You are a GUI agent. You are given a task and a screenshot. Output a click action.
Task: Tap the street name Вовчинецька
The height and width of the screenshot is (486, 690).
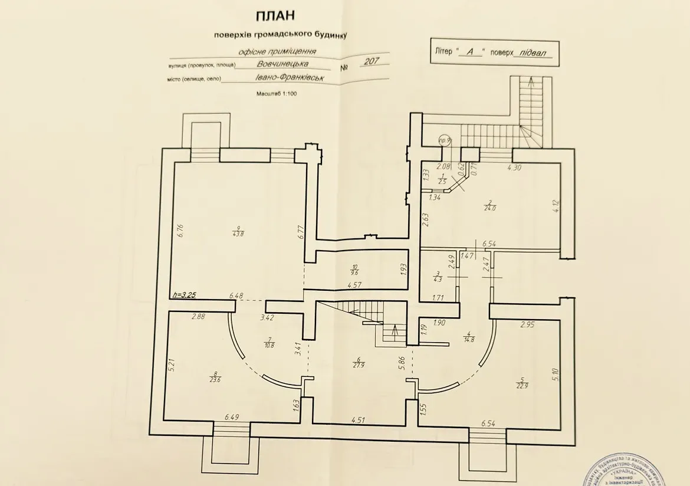click(282, 64)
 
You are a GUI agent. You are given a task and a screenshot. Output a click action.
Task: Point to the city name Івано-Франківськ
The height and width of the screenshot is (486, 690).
click(290, 78)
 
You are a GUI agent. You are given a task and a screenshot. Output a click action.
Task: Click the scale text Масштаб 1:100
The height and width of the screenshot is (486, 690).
click(276, 93)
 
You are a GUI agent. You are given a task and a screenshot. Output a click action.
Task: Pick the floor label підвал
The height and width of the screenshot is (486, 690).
click(531, 52)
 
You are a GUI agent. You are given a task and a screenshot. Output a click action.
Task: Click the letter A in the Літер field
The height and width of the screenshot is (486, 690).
click(470, 52)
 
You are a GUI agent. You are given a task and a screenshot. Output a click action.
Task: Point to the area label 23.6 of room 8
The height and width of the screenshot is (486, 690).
click(217, 380)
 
